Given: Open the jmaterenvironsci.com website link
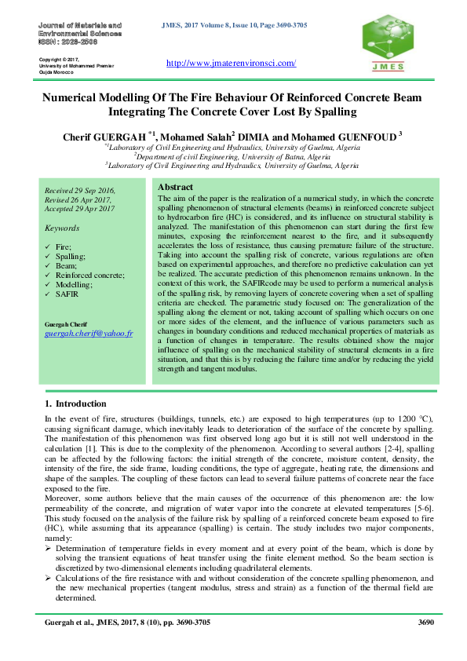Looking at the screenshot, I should pos(232,63).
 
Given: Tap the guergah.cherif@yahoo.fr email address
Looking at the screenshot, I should pos(88,333).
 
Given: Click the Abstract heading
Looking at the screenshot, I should pos(176,187).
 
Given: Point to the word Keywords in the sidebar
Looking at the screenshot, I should pos(62,228).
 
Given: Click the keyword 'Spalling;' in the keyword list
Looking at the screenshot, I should pos(71,256).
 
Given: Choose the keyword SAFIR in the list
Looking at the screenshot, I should pos(67,294).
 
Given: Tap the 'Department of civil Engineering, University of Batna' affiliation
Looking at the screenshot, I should pos(234,155).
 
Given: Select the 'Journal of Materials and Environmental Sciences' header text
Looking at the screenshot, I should pos(79,31).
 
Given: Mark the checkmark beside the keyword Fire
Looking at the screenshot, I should pos(49,247).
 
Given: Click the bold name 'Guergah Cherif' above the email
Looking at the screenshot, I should pos(66,324).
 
